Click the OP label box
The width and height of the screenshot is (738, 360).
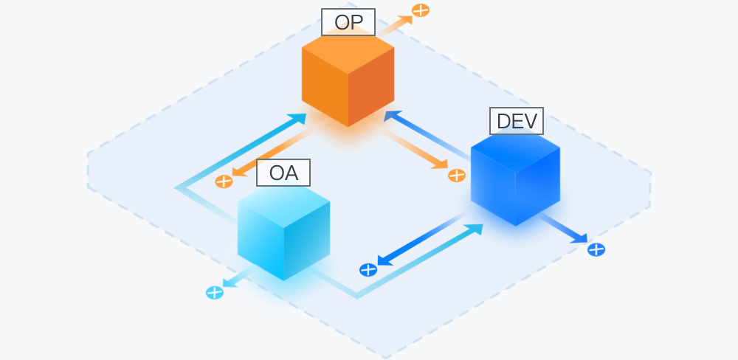point(348,22)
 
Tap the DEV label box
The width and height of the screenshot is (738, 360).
point(517,121)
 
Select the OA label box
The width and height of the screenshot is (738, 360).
point(283,173)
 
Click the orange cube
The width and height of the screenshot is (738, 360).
point(348,80)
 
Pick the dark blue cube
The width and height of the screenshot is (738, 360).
point(515,179)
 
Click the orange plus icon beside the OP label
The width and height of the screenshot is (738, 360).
point(421,10)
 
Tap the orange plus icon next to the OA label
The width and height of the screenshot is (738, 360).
point(224,181)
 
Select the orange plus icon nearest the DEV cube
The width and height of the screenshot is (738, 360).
point(457,176)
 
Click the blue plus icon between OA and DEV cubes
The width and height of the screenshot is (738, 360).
point(368,270)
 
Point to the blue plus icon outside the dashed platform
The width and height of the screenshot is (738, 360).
point(596,250)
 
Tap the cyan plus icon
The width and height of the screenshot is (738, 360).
point(215,293)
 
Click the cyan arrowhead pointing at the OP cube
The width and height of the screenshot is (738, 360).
point(298,119)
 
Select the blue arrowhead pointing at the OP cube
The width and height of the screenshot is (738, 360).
point(392,116)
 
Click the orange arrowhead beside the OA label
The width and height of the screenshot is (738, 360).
point(239,171)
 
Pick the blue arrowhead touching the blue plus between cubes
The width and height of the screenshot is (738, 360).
point(385,260)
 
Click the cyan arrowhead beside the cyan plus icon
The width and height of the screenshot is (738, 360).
point(230,283)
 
